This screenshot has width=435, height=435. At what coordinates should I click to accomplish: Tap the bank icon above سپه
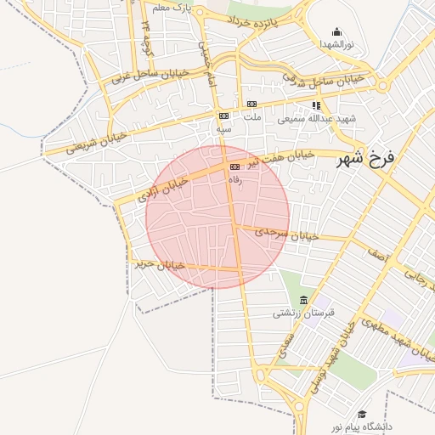tap(223, 116)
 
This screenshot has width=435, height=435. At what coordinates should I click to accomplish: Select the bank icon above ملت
tap(251, 105)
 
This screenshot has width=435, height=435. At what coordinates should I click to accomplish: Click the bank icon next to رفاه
tap(234, 168)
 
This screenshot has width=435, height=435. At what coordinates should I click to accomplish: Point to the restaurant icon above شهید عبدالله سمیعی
tap(316, 105)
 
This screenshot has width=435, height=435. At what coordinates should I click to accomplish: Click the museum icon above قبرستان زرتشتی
tap(304, 300)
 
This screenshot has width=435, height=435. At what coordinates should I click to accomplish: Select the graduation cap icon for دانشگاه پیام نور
tap(362, 414)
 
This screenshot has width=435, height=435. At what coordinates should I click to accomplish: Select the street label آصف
tap(377, 252)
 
